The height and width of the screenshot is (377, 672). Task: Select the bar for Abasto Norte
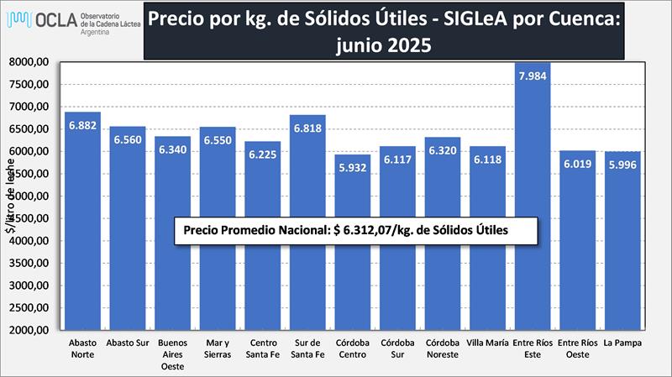(x=83, y=252)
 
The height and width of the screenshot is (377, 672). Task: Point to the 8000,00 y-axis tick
(x=32, y=62)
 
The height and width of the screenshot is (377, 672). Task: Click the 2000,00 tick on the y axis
(x=32, y=330)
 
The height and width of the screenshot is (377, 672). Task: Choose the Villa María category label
(x=487, y=343)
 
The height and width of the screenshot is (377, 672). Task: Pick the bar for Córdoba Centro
(x=352, y=269)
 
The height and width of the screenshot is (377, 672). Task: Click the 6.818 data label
(x=307, y=128)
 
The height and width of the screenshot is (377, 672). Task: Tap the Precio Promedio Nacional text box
(x=343, y=230)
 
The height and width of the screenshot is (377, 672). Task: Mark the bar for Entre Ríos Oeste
(x=578, y=269)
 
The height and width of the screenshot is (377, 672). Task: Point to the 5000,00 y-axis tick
(x=32, y=196)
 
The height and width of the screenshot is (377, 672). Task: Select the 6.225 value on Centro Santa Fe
(x=261, y=155)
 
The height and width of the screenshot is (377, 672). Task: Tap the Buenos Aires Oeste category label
(x=171, y=354)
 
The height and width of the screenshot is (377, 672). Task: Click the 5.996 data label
(x=623, y=165)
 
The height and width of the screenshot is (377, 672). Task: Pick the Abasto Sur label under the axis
(x=128, y=343)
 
